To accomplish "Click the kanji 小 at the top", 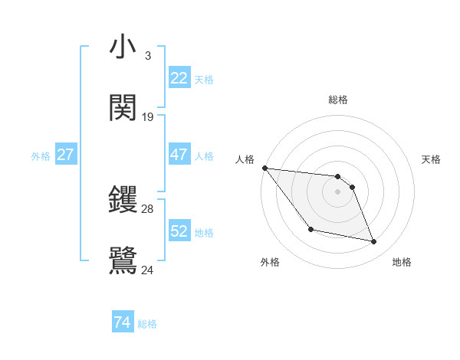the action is (123, 47).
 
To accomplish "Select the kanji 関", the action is (123, 108).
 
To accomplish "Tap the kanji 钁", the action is (123, 200).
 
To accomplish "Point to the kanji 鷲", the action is (123, 260).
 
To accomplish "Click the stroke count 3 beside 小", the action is (147, 56).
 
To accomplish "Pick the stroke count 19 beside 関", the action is (148, 117).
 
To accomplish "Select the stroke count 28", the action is (148, 208).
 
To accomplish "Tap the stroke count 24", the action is (148, 270).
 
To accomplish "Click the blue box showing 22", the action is (179, 78).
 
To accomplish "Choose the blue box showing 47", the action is (179, 155).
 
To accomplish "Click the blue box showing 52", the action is (179, 231).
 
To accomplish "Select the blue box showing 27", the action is (65, 155).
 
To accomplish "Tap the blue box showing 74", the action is (123, 322).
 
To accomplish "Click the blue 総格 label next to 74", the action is (148, 324).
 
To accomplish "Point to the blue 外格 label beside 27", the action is (41, 156).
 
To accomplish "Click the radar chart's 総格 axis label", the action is (338, 100).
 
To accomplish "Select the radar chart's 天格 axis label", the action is (432, 159).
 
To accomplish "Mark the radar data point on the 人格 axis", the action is (264, 168).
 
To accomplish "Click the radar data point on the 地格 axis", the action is (374, 242).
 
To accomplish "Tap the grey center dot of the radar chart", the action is (338, 191).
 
